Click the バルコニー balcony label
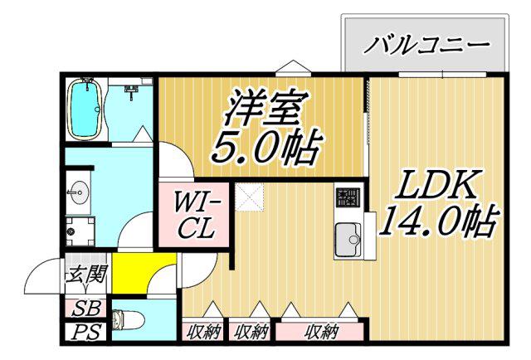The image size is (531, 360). (x=426, y=44)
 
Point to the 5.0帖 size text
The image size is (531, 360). (x=265, y=147)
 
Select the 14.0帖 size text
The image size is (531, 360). (x=439, y=221)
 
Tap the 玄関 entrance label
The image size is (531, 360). (x=86, y=274)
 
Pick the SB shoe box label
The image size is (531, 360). (x=86, y=309)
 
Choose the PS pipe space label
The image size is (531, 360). (x=86, y=332)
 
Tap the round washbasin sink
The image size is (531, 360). (x=79, y=192)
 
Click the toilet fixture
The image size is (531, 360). (x=128, y=319)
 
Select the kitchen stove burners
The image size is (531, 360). (x=348, y=197)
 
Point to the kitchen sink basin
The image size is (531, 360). (x=348, y=240)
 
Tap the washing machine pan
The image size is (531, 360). (x=80, y=231)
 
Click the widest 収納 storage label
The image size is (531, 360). (x=321, y=332)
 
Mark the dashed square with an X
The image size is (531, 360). (x=250, y=197)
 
